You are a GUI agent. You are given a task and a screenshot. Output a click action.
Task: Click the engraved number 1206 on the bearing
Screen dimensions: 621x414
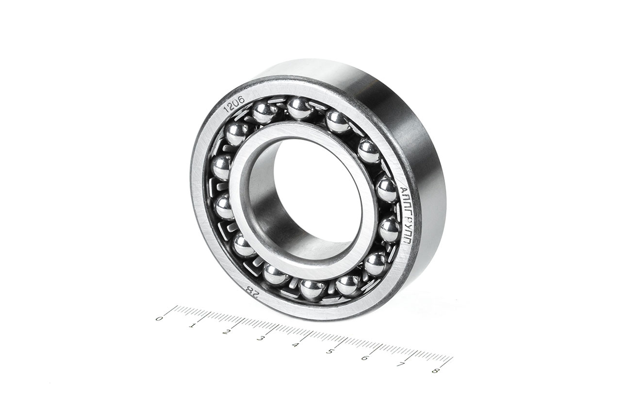click(234, 104)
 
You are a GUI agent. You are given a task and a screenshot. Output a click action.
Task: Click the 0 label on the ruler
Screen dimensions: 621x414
click(159, 318)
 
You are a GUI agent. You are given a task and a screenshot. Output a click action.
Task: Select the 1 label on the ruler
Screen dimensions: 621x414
click(191, 325)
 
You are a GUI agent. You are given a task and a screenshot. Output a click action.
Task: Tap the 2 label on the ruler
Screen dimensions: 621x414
click(226, 332)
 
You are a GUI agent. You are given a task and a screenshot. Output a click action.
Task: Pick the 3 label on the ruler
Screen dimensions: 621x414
click(260, 339)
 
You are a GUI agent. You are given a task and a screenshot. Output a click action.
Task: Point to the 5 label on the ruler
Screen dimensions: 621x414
click(329, 352)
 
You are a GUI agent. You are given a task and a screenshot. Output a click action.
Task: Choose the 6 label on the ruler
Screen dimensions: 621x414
click(365, 358)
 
